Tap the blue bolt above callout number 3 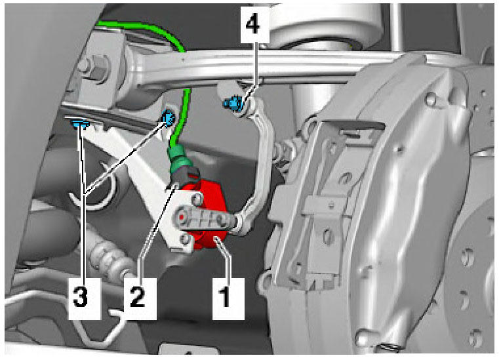pyautogui.click(x=79, y=123)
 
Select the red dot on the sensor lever pyautogui.click(x=181, y=217)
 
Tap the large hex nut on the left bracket pyautogui.click(x=95, y=68)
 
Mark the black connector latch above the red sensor pyautogui.click(x=187, y=176)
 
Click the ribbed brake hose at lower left pyautogui.click(x=110, y=258)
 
